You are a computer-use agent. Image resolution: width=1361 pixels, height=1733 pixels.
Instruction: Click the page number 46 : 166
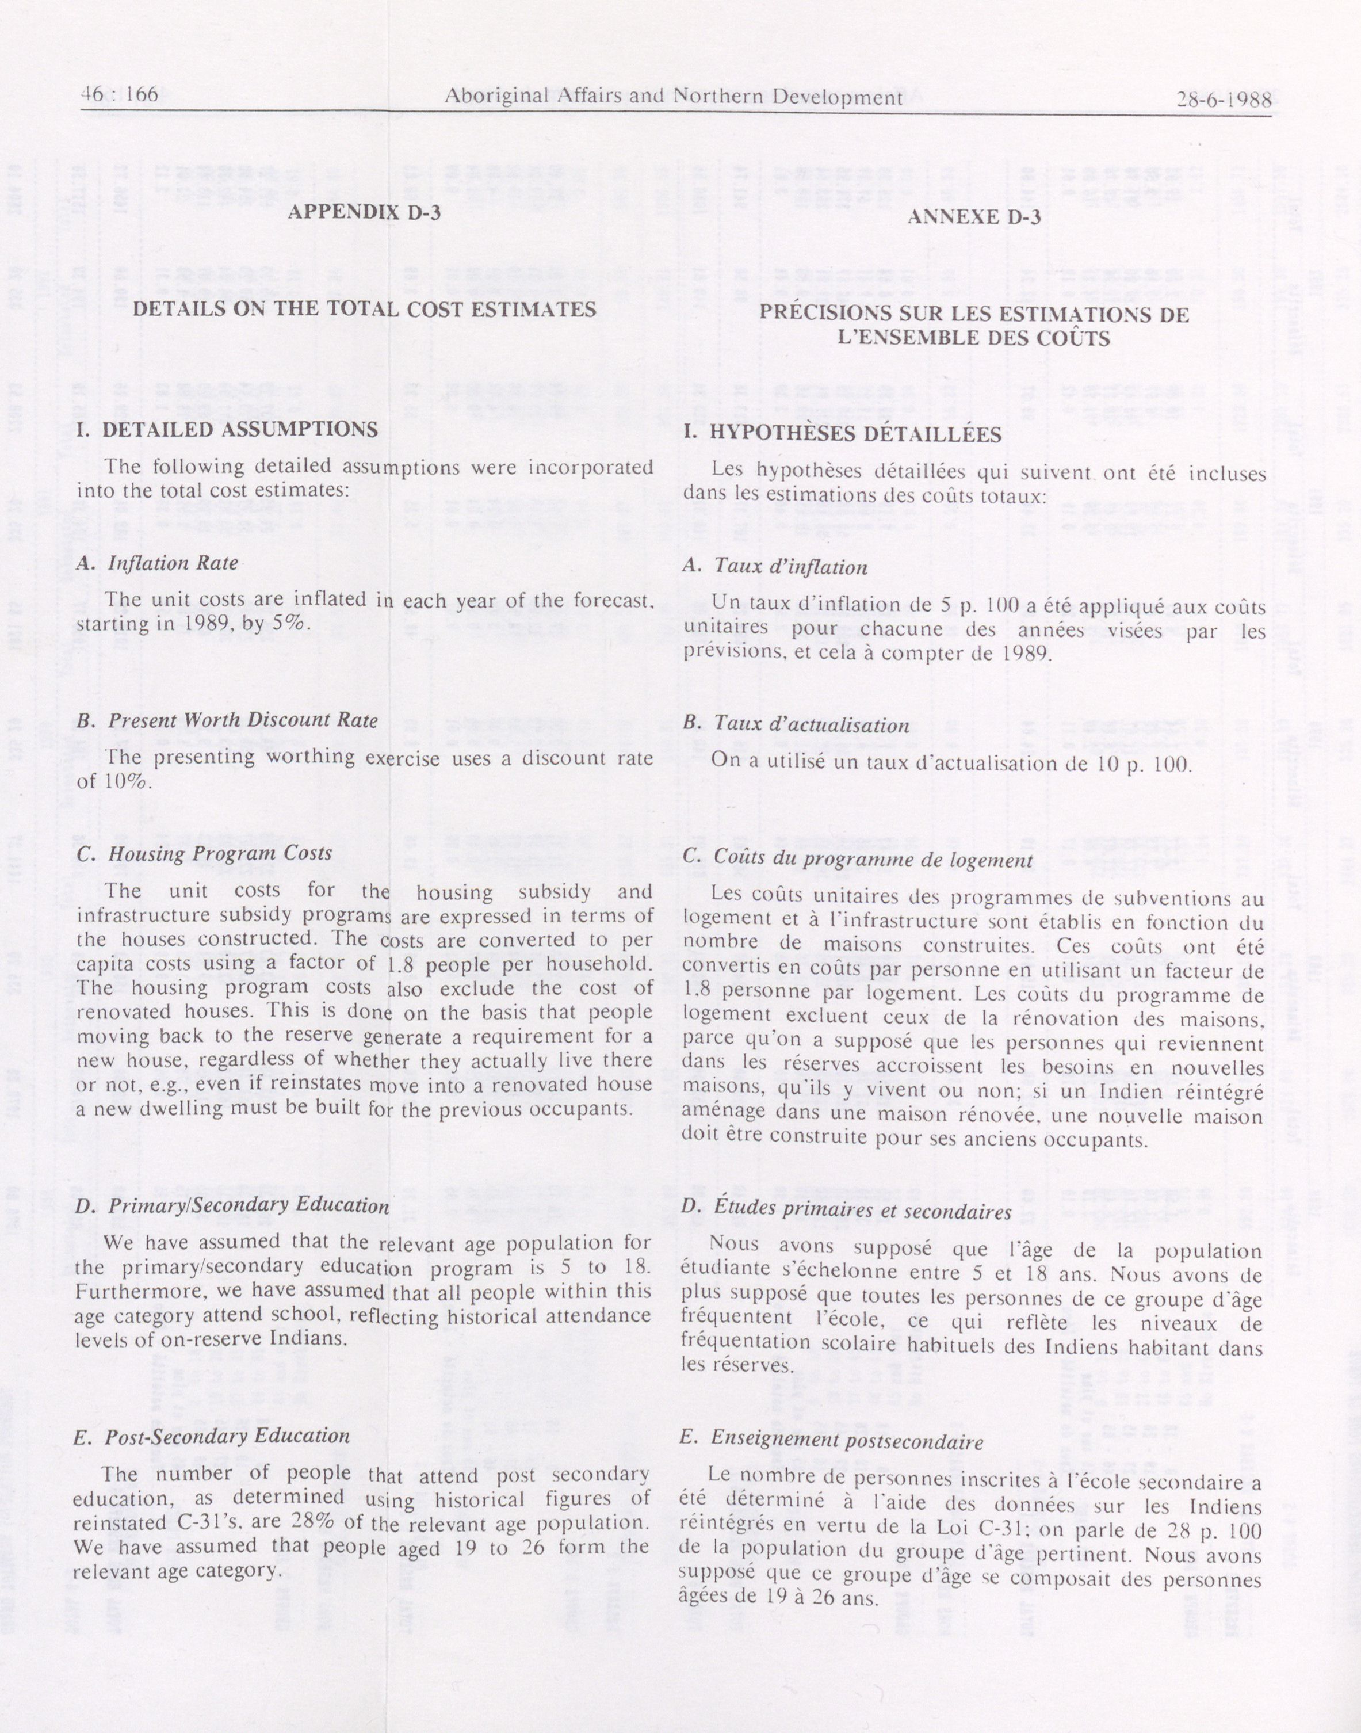(x=120, y=96)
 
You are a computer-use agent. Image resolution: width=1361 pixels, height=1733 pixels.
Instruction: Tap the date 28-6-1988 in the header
(x=1223, y=101)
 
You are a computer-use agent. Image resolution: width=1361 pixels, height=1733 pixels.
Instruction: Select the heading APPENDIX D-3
(x=364, y=213)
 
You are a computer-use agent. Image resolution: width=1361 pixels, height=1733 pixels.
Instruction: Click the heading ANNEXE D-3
(x=974, y=217)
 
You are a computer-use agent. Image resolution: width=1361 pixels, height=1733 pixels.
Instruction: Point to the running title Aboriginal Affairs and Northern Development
(x=672, y=97)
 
